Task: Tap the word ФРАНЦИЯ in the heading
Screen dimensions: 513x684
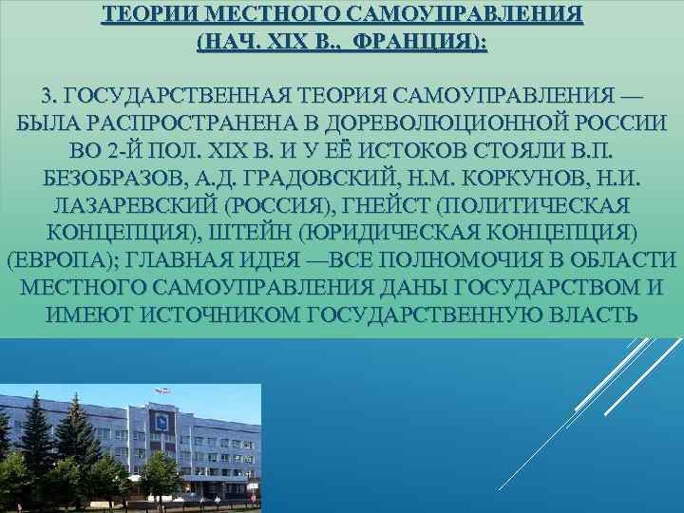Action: [411, 43]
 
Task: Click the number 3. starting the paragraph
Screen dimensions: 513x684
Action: [50, 97]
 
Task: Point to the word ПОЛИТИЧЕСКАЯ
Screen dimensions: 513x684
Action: [537, 206]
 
